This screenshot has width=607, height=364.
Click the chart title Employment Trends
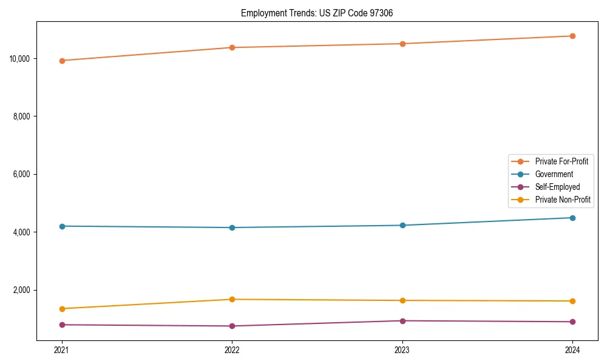tap(317, 13)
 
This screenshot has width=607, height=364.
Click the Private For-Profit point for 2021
tap(62, 61)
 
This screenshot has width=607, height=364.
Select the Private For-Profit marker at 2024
tap(572, 36)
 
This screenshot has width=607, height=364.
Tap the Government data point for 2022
tap(232, 227)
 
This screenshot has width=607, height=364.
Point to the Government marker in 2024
tap(572, 218)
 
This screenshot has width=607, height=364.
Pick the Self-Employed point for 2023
tap(402, 321)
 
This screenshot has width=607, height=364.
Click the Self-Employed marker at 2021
tap(62, 325)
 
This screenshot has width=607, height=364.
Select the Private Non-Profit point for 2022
tap(232, 299)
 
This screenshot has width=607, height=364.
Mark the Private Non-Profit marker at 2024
tap(572, 301)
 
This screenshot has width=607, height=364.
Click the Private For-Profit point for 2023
tap(402, 44)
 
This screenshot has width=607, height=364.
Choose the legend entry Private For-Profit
tap(561, 161)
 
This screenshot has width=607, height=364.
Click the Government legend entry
tap(554, 174)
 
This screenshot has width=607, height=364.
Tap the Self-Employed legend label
tap(557, 187)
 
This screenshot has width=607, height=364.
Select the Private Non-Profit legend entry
tap(563, 200)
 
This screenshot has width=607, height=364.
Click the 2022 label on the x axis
tap(232, 350)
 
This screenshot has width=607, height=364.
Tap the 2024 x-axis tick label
tap(572, 350)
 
